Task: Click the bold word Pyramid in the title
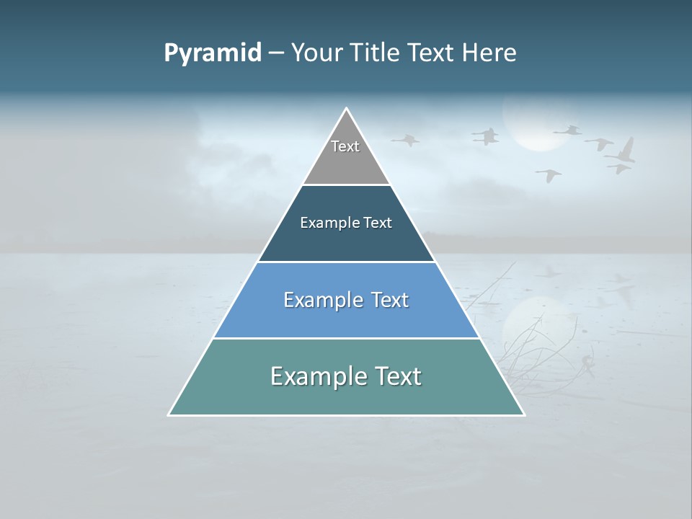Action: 212,53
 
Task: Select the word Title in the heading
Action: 376,53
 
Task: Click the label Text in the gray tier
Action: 345,146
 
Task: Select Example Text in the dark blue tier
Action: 346,223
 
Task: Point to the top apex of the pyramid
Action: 347,109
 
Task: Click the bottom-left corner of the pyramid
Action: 169,414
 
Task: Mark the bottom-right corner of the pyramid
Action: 523,414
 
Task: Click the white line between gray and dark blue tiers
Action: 346,185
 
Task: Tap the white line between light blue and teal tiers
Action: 346,338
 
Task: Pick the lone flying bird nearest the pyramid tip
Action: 406,140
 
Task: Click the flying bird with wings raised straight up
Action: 624,151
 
